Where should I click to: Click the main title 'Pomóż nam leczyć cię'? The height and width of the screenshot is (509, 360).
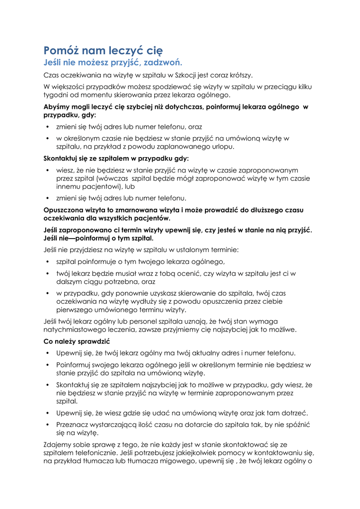(103, 50)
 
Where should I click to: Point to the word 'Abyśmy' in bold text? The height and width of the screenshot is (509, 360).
(56, 106)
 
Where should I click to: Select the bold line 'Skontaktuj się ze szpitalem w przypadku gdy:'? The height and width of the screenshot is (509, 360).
(116, 159)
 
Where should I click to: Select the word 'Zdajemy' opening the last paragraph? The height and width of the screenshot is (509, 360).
(58, 444)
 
